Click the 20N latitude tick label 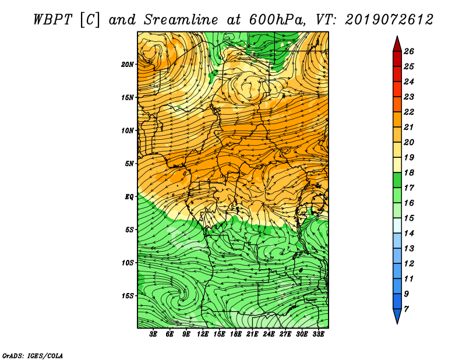coord(128,64)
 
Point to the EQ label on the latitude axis coord(129,196)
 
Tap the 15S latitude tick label coord(128,296)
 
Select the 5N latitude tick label coord(129,164)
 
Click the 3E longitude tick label coord(153,334)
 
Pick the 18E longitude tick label coord(235,334)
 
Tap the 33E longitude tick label coord(318,334)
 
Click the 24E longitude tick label coord(269,334)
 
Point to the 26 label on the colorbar coord(409,51)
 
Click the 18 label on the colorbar coord(409,172)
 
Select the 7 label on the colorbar coord(406,309)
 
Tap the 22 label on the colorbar coord(409,112)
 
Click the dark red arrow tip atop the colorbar coord(397,36)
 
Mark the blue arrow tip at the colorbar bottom coord(397,323)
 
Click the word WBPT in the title coord(52,20)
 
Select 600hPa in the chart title coord(277,20)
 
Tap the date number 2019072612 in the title coord(389,20)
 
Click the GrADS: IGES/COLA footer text coord(33,355)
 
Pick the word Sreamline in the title coord(181,20)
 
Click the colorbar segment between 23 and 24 coord(397,89)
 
